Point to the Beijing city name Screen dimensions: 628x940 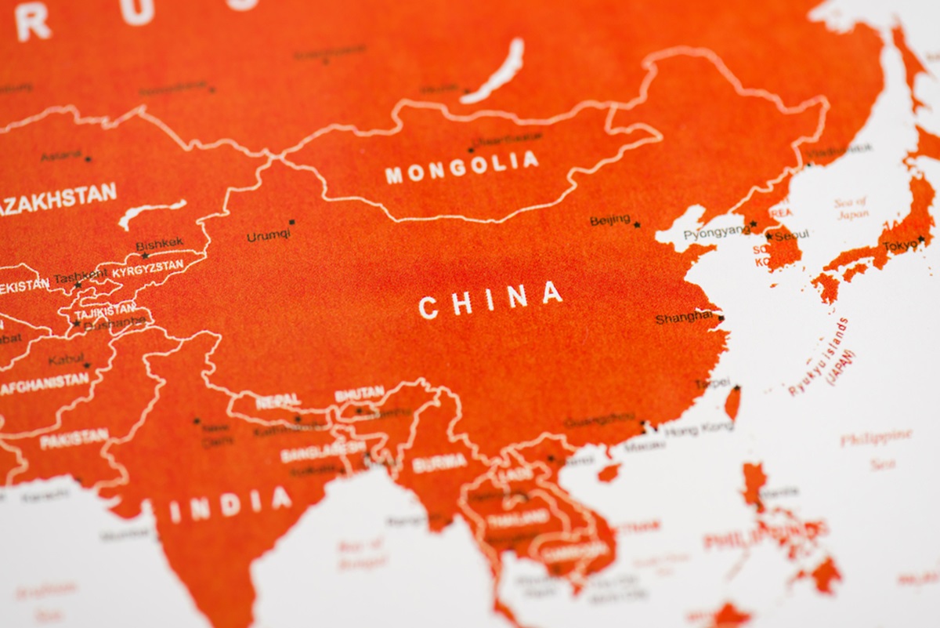(x=610, y=220)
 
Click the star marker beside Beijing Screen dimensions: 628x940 (x=637, y=225)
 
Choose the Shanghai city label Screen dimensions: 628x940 (x=684, y=318)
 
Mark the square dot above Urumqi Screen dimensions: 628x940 (x=291, y=223)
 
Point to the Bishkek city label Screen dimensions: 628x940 (x=160, y=245)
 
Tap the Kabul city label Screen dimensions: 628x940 (x=65, y=361)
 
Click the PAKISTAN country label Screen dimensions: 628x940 (x=74, y=438)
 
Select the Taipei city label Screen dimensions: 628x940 (x=712, y=384)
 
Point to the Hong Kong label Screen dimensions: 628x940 (x=699, y=428)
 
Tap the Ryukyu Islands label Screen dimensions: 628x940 (x=819, y=357)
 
